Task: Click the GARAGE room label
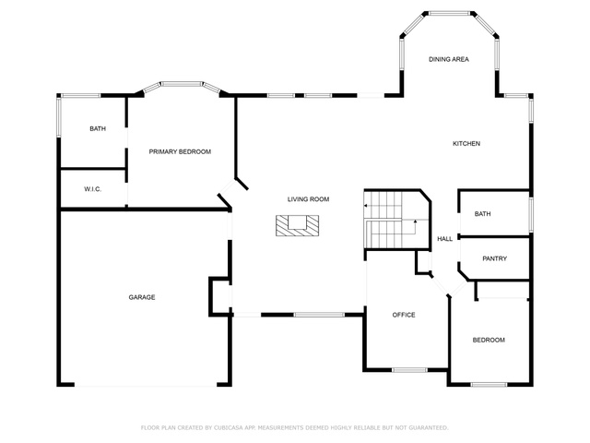pyautogui.click(x=142, y=297)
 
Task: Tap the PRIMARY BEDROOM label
pyautogui.click(x=180, y=151)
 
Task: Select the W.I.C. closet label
pyautogui.click(x=92, y=189)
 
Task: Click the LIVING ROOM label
pyautogui.click(x=308, y=199)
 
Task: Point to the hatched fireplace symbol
pyautogui.click(x=297, y=225)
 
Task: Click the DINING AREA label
pyautogui.click(x=449, y=59)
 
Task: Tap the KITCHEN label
pyautogui.click(x=466, y=144)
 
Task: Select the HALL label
pyautogui.click(x=444, y=239)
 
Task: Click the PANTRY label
pyautogui.click(x=494, y=258)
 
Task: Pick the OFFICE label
pyautogui.click(x=404, y=315)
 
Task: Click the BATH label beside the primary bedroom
pyautogui.click(x=98, y=129)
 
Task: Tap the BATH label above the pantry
pyautogui.click(x=482, y=214)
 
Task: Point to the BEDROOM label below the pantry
pyautogui.click(x=489, y=341)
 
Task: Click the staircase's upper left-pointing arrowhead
pyautogui.click(x=365, y=206)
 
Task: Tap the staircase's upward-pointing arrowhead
pyautogui.click(x=415, y=221)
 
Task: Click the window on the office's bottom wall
pyautogui.click(x=409, y=370)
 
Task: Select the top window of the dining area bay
pyautogui.click(x=449, y=14)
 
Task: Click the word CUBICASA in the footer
pyautogui.click(x=229, y=428)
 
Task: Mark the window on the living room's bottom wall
pyautogui.click(x=319, y=315)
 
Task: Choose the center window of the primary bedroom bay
pyautogui.click(x=183, y=84)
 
